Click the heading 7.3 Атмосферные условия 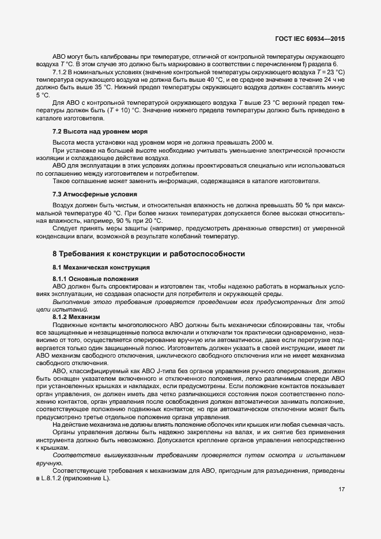point(87,194)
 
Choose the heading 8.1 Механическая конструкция point(93,268)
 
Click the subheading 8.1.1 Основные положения point(89,279)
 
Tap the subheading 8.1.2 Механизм point(76,317)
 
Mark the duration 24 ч point(335,79)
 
